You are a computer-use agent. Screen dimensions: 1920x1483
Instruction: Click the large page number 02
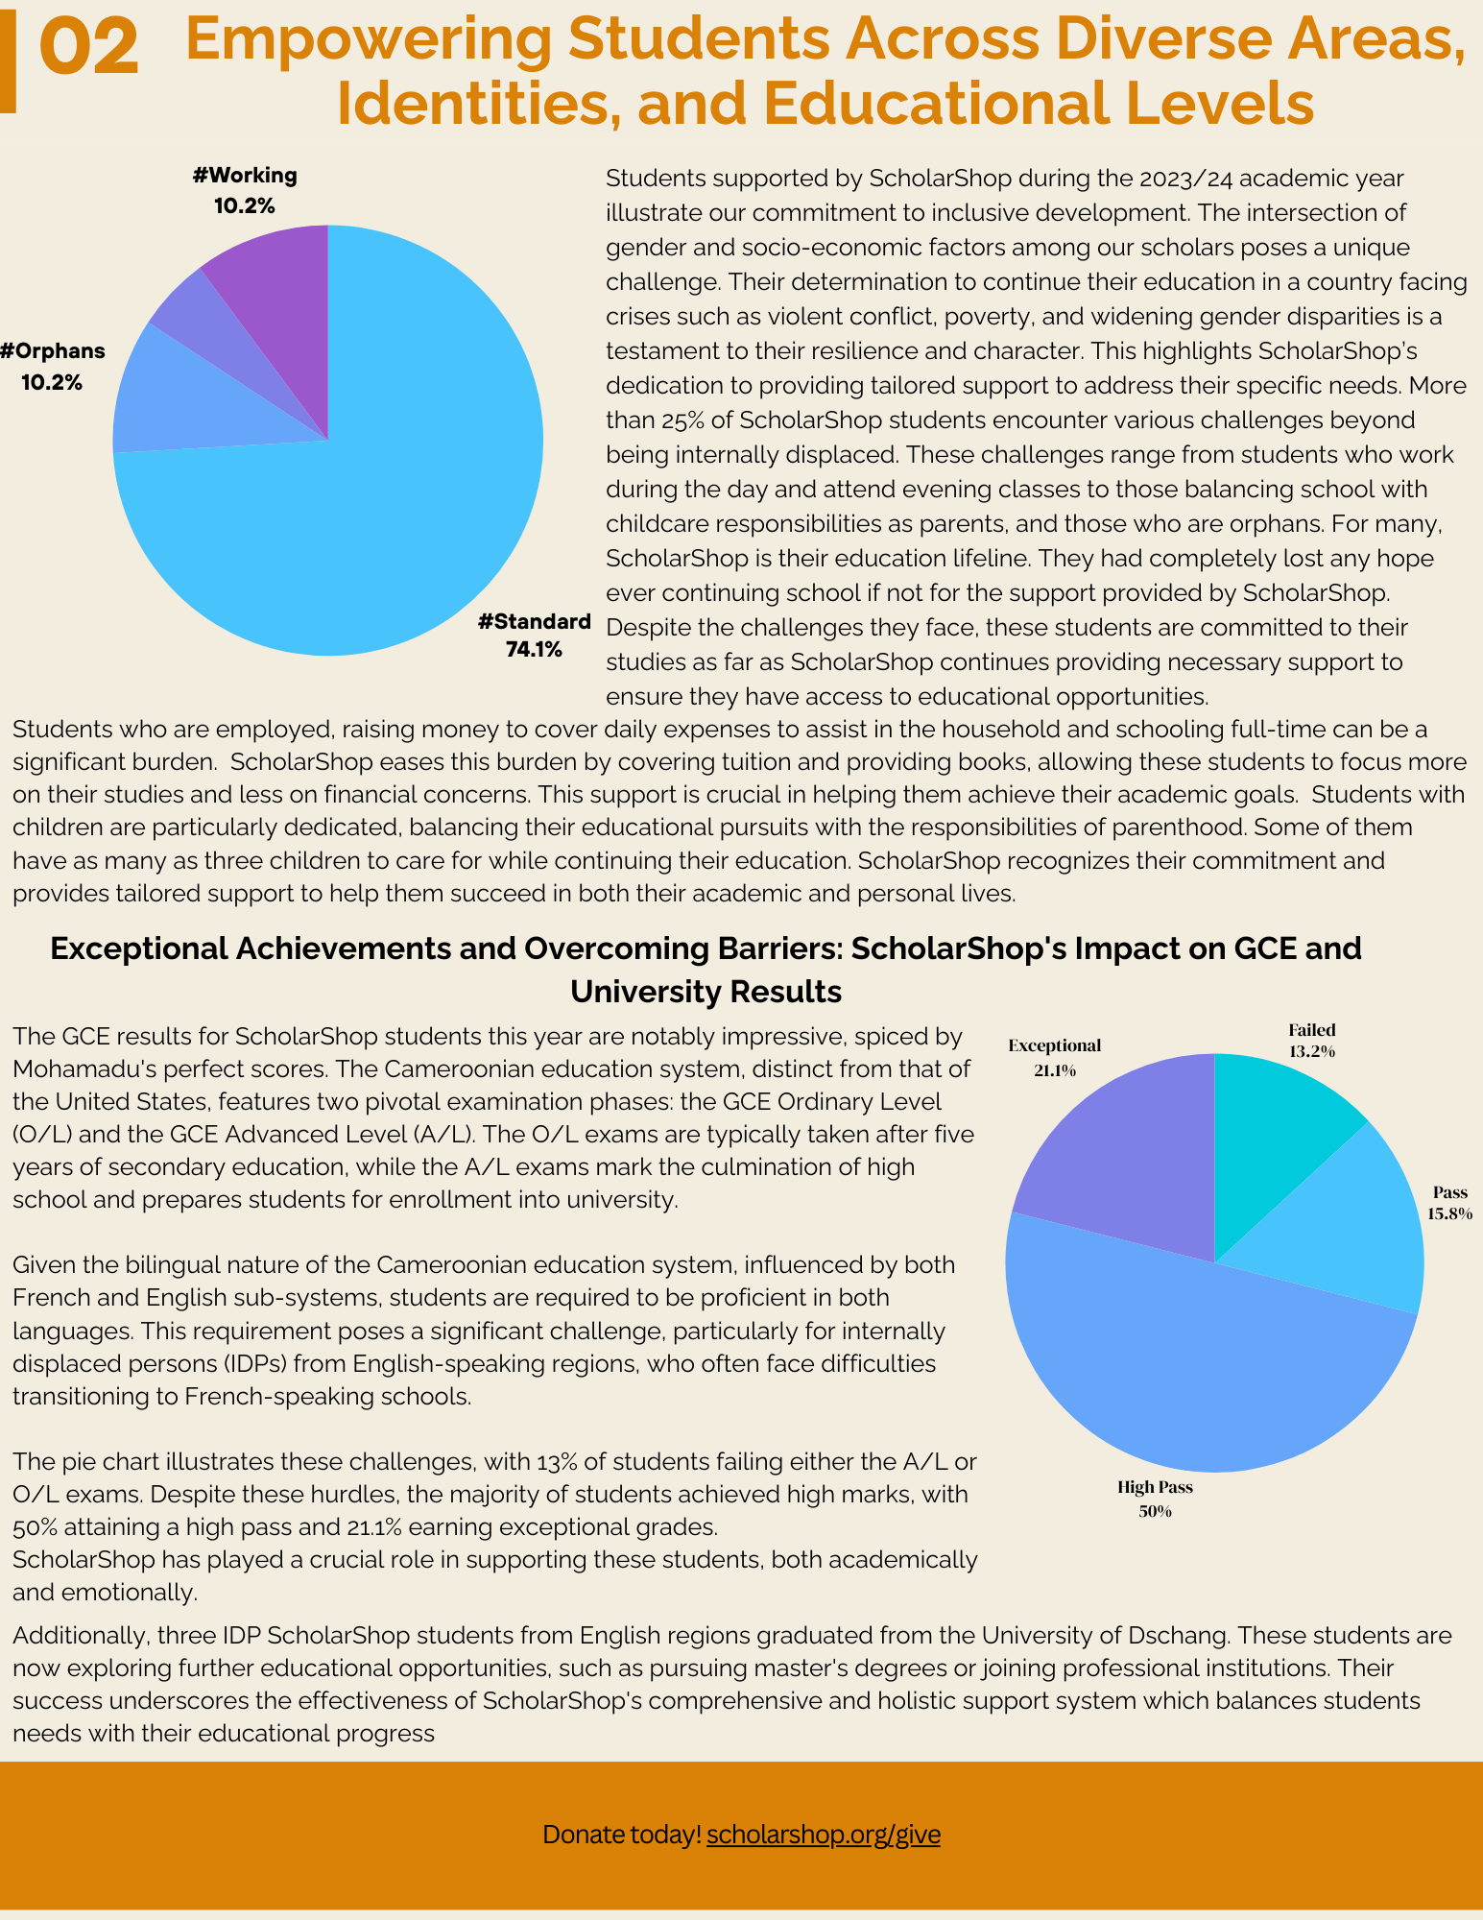coord(89,50)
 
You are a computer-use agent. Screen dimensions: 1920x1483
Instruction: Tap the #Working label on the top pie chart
coord(245,176)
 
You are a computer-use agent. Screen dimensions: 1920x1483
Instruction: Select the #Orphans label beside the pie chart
coord(52,351)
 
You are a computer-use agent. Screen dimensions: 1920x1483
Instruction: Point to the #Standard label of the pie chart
coord(534,622)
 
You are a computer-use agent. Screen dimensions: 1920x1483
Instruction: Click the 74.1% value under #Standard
coord(534,650)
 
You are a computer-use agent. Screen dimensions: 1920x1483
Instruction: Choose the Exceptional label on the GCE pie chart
coord(1054,1046)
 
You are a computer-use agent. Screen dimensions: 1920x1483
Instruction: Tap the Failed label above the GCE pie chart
coord(1311,1031)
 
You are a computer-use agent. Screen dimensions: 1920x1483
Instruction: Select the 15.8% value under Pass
coord(1449,1213)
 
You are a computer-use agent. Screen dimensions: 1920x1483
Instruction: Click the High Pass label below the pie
coord(1155,1488)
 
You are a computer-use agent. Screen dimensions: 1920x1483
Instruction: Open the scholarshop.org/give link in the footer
coord(824,1835)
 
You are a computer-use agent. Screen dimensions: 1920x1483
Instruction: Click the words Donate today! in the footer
coord(622,1835)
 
